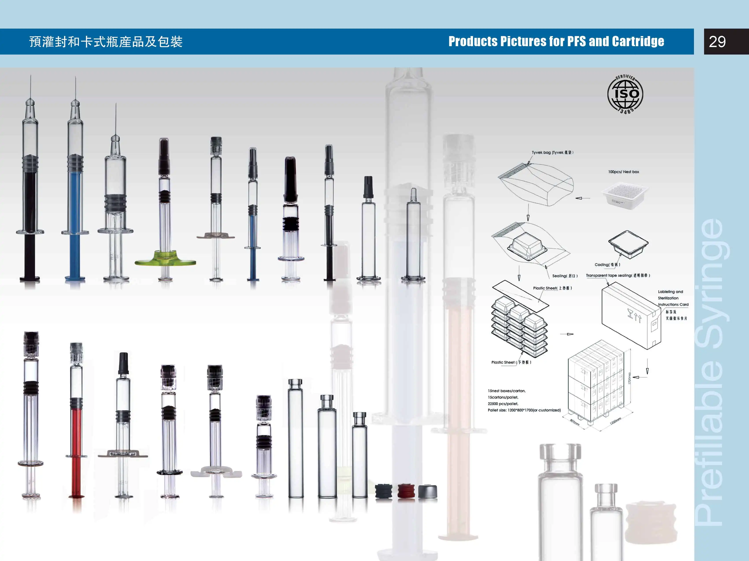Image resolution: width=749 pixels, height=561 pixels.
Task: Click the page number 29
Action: [717, 42]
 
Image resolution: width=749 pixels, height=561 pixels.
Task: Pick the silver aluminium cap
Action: [428, 491]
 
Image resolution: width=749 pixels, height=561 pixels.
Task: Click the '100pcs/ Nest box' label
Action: [623, 172]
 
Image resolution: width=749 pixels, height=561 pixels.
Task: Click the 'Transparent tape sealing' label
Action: [618, 276]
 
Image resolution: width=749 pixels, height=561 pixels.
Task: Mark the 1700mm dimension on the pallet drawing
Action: [629, 378]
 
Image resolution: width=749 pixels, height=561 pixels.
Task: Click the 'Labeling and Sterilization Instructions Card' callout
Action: [673, 298]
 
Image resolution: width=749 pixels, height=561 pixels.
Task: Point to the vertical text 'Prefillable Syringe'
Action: [709, 372]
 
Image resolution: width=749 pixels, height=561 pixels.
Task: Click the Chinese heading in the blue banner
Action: [106, 42]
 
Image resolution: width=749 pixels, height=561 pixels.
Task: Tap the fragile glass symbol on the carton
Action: [630, 314]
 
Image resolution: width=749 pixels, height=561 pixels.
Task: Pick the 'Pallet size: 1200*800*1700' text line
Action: [524, 410]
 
